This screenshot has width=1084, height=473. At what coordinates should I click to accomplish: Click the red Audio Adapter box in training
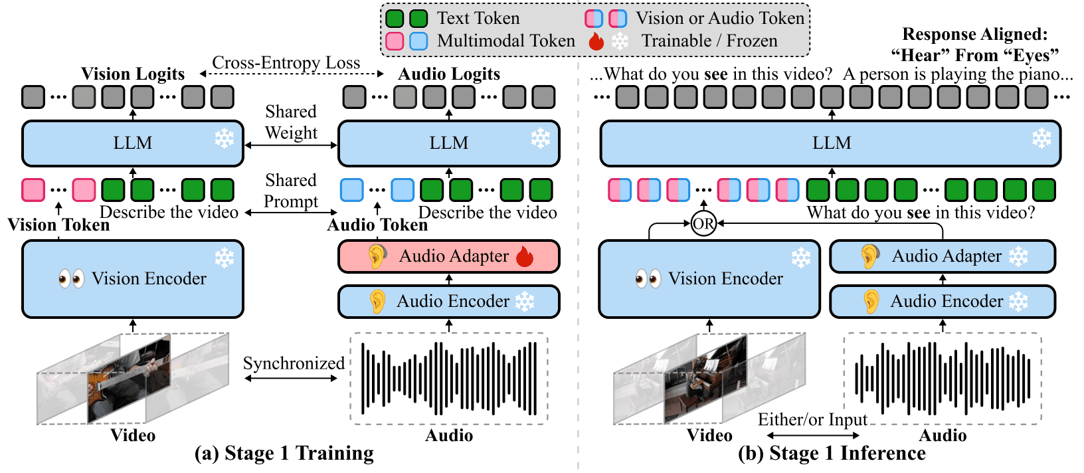(x=448, y=256)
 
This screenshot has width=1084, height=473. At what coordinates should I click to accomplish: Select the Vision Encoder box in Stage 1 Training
(x=133, y=279)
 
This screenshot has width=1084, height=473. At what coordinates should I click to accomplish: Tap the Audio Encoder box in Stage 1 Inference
(x=942, y=302)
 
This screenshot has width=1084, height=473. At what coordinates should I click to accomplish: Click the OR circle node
(x=703, y=224)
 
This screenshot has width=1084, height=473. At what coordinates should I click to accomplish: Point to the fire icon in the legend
(x=596, y=41)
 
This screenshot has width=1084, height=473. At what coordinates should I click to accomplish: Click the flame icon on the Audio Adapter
(x=525, y=256)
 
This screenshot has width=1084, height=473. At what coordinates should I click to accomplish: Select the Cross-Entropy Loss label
(x=286, y=63)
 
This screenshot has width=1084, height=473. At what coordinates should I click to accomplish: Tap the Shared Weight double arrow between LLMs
(x=291, y=145)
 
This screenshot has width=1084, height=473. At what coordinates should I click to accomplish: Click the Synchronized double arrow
(x=291, y=379)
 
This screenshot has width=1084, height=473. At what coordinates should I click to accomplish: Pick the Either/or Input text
(x=812, y=420)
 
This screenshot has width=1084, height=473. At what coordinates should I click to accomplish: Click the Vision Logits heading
(x=133, y=74)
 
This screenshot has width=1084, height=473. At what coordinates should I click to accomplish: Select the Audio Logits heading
(x=449, y=74)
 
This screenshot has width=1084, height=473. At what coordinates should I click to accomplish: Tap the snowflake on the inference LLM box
(x=1041, y=138)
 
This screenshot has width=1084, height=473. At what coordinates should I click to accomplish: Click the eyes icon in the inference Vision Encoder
(x=648, y=278)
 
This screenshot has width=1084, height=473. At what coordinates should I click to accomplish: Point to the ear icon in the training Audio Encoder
(x=377, y=302)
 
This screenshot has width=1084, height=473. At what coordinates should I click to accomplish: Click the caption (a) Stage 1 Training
(x=284, y=453)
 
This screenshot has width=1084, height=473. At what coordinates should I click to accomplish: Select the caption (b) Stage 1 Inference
(x=832, y=453)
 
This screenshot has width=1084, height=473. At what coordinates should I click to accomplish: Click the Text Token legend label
(x=478, y=19)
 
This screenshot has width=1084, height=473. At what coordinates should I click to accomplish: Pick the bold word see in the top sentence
(x=715, y=74)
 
